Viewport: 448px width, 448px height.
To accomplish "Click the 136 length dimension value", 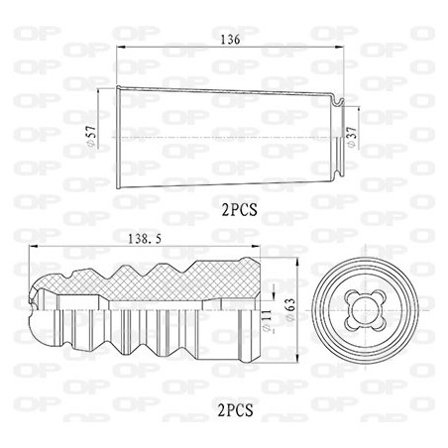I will (230, 42).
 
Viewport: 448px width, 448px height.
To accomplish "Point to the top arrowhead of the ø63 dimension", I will (297, 264).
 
